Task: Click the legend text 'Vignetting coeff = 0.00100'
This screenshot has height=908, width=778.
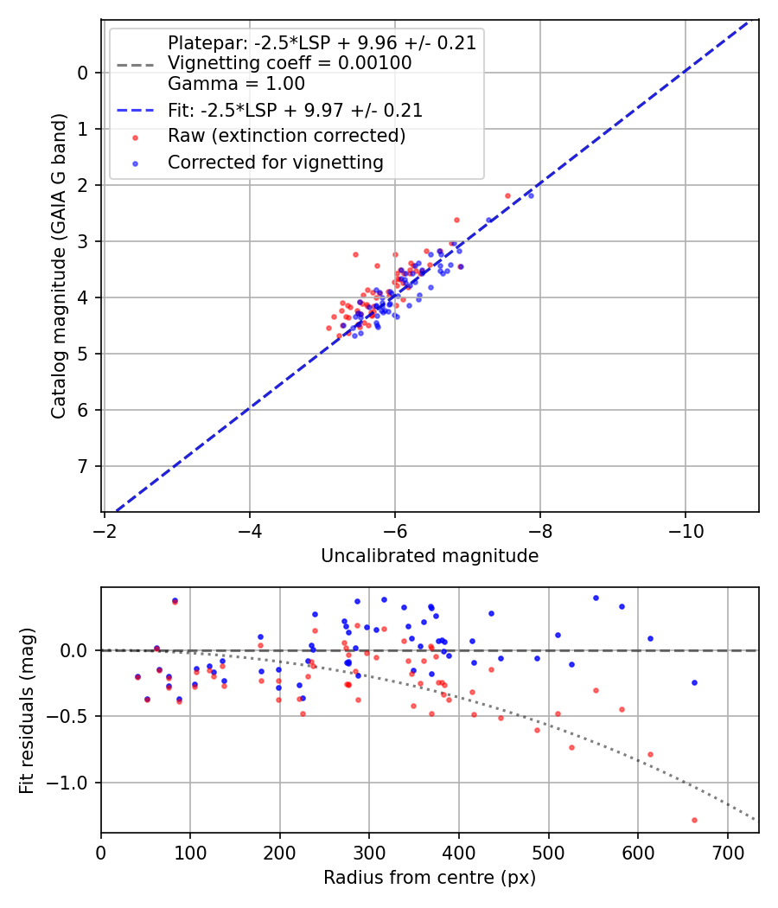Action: click(x=290, y=63)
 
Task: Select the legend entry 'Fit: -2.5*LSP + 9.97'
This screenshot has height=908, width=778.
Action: click(x=295, y=111)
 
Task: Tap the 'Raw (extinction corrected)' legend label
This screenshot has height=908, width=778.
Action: click(x=286, y=136)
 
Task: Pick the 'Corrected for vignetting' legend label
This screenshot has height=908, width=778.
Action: click(x=275, y=162)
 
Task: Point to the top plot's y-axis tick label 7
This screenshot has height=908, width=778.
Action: click(x=84, y=467)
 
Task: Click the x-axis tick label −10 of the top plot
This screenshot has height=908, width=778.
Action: click(x=686, y=527)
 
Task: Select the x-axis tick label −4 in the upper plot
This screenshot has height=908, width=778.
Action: click(x=250, y=527)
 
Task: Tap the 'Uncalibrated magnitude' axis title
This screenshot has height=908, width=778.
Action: click(x=430, y=556)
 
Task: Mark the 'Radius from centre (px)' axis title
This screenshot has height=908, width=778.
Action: click(x=430, y=878)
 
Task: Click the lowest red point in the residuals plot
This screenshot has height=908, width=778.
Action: click(x=694, y=820)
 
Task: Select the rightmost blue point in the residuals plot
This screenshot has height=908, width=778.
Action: click(x=694, y=682)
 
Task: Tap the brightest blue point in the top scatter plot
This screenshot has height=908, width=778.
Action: click(x=531, y=195)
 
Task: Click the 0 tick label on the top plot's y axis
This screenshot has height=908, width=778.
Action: click(x=84, y=73)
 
